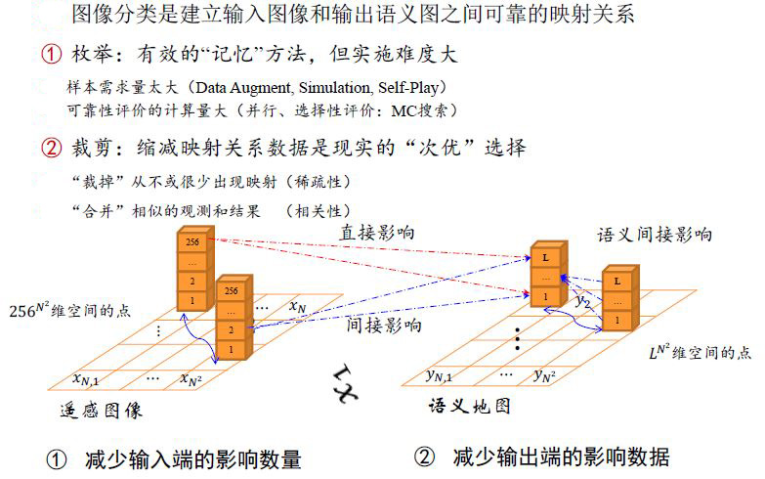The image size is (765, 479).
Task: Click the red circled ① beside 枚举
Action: (51, 54)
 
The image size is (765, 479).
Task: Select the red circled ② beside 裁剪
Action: (51, 148)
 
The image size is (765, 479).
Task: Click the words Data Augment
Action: (243, 88)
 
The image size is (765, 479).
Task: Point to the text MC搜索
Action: (419, 110)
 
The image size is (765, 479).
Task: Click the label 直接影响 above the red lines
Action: (377, 233)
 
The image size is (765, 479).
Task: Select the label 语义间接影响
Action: (655, 235)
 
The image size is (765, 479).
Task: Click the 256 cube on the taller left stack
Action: (192, 241)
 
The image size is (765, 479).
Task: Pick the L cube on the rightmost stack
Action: (617, 282)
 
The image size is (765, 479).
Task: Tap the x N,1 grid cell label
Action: (86, 378)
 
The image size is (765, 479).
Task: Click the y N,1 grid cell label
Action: (439, 375)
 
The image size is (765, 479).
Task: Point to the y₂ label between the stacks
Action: (583, 301)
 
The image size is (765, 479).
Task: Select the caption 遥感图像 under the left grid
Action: (102, 411)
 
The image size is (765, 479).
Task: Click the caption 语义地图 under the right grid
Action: (469, 406)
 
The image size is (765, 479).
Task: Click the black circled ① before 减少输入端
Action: (57, 459)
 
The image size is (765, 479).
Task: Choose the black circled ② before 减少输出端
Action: (424, 457)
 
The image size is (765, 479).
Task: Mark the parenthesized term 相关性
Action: (318, 211)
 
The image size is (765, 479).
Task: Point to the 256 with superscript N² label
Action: (29, 310)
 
